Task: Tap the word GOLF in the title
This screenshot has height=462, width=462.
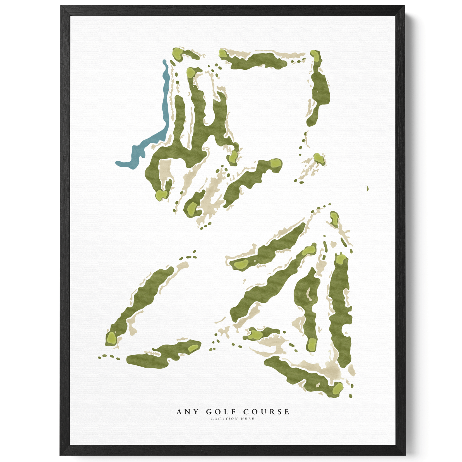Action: tap(221, 412)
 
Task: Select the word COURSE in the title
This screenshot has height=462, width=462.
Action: tap(266, 412)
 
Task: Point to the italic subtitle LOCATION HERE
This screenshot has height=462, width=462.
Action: tap(233, 419)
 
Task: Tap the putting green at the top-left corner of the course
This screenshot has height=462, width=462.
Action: tap(177, 54)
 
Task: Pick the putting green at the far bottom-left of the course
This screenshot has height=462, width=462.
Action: tap(111, 338)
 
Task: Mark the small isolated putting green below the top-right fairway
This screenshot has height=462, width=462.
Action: tap(318, 159)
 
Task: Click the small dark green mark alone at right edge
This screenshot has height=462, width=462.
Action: tap(367, 189)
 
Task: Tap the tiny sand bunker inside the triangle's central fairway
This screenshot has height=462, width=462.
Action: tap(309, 294)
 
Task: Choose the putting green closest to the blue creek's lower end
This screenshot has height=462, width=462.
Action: tap(161, 195)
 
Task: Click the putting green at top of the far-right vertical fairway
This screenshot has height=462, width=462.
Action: tap(340, 259)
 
